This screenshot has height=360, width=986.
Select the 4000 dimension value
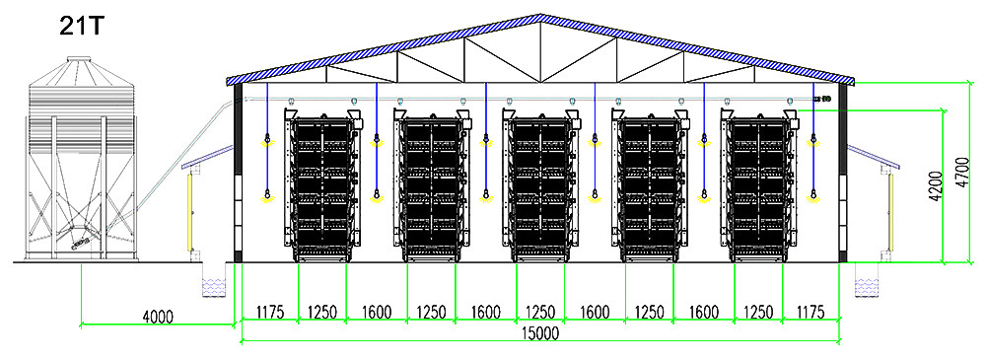coord(157,317)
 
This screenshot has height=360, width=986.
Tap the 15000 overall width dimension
coord(539,333)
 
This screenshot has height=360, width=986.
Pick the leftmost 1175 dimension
coord(269,312)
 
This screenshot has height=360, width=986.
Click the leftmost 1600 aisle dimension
coord(377,312)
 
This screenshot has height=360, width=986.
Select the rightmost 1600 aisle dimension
coord(702,312)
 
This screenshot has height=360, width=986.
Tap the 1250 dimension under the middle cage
coord(539,312)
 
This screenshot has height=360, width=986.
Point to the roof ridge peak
coord(539,17)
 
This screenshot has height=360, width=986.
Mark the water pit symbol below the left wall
coord(214,287)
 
